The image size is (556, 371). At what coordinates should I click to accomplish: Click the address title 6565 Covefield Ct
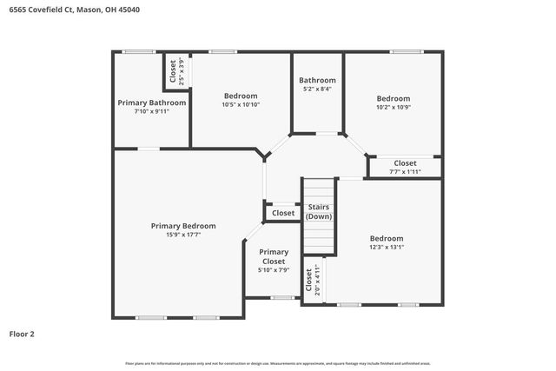click(74, 10)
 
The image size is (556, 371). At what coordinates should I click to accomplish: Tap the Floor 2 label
click(22, 333)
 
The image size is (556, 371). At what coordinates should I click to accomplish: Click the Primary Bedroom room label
click(183, 226)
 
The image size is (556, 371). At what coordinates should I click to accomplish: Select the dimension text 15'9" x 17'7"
click(183, 235)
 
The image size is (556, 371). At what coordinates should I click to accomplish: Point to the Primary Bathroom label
click(152, 103)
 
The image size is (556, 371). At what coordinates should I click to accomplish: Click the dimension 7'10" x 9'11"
click(152, 111)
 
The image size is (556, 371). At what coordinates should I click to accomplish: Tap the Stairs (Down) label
click(319, 211)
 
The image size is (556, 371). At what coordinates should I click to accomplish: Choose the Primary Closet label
click(274, 256)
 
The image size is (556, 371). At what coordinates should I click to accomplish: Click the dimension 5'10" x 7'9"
click(274, 270)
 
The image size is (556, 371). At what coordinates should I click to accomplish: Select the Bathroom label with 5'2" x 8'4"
click(317, 80)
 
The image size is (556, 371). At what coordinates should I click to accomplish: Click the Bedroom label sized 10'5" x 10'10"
click(241, 96)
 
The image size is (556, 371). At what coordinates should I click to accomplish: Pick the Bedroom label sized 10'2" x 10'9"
click(393, 98)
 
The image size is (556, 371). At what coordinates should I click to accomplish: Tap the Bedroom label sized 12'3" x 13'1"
click(387, 238)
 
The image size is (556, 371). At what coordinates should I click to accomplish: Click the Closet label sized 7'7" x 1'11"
click(405, 162)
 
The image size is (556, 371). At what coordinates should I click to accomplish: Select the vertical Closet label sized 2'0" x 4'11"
click(308, 281)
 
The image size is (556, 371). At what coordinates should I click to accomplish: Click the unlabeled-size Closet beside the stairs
click(283, 213)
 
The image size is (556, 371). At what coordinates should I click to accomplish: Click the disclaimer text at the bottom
click(278, 363)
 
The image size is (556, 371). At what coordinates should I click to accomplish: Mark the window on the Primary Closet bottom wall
click(281, 298)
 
